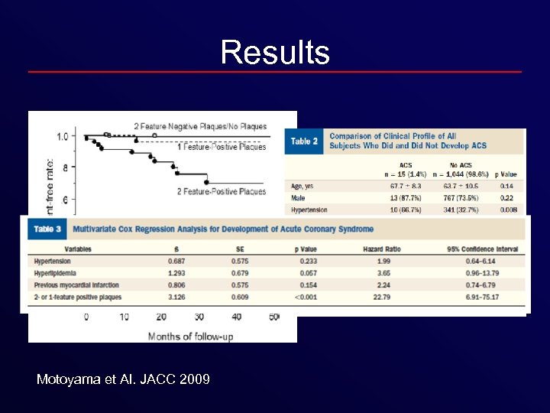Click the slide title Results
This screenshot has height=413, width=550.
pyautogui.click(x=275, y=53)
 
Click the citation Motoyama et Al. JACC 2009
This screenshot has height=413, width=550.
pyautogui.click(x=123, y=379)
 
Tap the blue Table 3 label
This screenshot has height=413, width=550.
pyautogui.click(x=47, y=229)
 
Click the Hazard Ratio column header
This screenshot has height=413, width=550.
pyautogui.click(x=382, y=249)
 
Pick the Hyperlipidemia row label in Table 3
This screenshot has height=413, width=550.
pyautogui.click(x=56, y=272)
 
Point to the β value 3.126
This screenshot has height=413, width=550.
pyautogui.click(x=176, y=296)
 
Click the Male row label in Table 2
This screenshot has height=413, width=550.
pyautogui.click(x=297, y=197)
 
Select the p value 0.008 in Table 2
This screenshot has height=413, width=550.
pyautogui.click(x=507, y=210)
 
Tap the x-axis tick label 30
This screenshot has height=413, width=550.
pyautogui.click(x=199, y=317)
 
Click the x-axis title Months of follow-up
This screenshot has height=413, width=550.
pyautogui.click(x=190, y=336)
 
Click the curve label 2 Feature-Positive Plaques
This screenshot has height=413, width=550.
pyautogui.click(x=222, y=191)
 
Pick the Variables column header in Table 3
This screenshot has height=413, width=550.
pyautogui.click(x=78, y=249)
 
